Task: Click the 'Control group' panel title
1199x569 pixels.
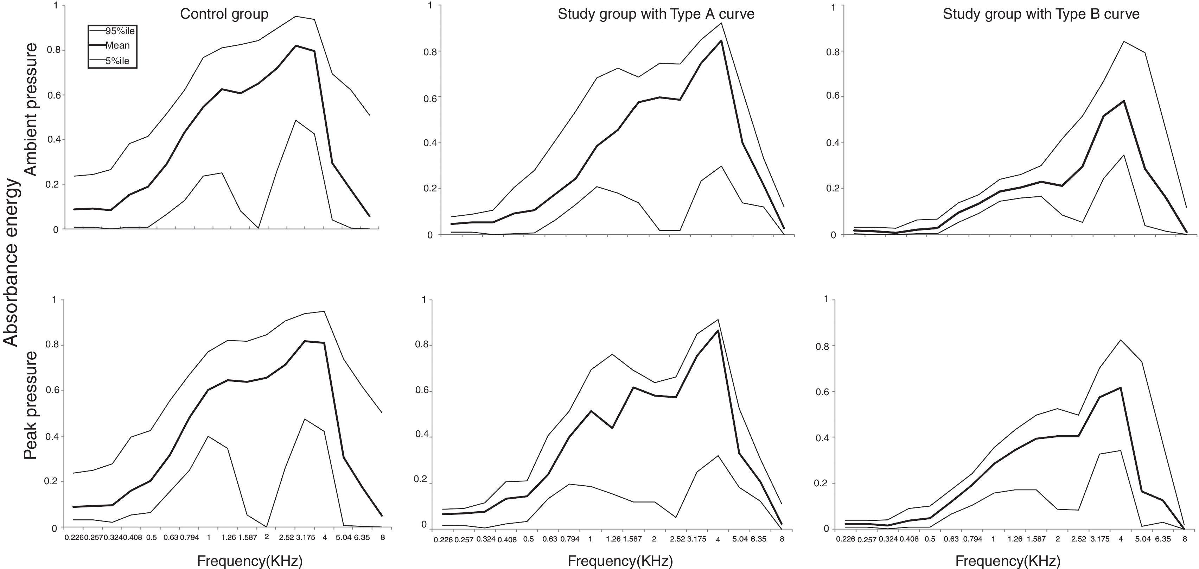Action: (224, 14)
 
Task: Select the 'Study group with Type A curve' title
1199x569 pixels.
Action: (656, 14)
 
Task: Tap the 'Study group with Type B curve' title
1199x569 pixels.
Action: (1041, 14)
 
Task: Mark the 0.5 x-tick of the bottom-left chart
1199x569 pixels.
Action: (152, 537)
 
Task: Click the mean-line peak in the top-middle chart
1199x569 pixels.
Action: (721, 40)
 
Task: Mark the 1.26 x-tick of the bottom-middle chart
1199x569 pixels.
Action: (613, 539)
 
